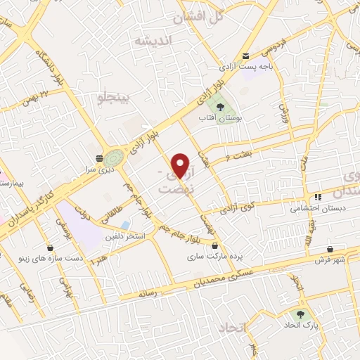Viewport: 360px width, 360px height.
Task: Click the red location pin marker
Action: [181, 165]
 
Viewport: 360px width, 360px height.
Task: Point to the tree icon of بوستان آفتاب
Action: [221, 108]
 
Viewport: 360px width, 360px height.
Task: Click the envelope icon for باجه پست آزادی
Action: [245, 56]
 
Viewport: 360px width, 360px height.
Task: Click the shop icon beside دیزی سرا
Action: [101, 158]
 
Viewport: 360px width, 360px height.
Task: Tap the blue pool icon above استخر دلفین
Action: [125, 224]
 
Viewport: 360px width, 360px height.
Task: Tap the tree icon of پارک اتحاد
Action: [302, 314]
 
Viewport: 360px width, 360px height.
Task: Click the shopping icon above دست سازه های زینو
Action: [51, 247]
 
